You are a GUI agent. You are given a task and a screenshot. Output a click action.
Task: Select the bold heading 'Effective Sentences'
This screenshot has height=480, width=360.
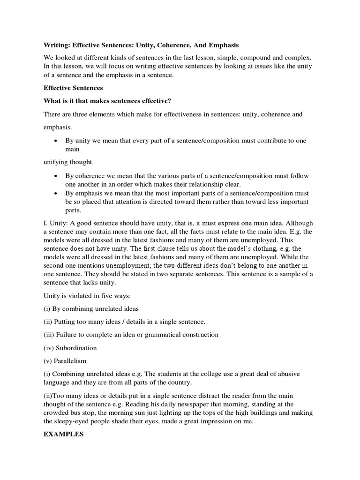pos(73,88)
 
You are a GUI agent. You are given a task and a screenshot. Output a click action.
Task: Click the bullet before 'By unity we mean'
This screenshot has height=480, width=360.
pos(56,141)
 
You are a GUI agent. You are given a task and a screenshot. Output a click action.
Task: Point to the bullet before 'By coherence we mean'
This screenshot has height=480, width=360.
pos(56,176)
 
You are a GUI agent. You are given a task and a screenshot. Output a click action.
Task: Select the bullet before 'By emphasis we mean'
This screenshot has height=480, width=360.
pos(56,194)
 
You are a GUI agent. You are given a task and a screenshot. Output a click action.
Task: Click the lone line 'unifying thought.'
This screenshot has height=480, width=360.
pos(68,162)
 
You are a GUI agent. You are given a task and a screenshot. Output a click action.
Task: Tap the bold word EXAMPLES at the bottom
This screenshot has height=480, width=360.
pos(63,435)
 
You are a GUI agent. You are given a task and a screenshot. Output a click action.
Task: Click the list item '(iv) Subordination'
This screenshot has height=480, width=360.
pos(70,348)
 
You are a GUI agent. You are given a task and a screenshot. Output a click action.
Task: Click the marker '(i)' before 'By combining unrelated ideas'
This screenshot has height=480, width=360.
pos(47,309)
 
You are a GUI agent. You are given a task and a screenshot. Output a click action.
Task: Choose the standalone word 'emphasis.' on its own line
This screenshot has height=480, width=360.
pos(59,127)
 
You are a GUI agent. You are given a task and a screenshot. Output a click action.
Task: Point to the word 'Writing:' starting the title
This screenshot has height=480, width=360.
pos(56,45)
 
